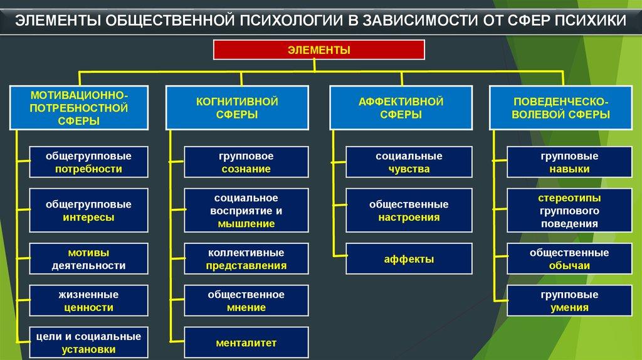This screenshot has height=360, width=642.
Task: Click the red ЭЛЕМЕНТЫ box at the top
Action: (x=319, y=50)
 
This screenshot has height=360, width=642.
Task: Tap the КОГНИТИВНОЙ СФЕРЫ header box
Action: (x=237, y=109)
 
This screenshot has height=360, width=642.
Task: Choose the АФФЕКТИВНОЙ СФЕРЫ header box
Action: (x=401, y=109)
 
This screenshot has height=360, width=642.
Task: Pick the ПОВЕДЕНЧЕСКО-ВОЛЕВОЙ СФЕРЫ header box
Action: (x=561, y=109)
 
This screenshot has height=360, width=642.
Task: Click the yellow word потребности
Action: (x=88, y=169)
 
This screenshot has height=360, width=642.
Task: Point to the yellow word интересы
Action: (x=88, y=218)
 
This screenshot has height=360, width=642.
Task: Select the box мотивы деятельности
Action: (x=88, y=259)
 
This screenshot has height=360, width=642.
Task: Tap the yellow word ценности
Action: (x=88, y=307)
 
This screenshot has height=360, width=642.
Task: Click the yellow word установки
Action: (x=88, y=349)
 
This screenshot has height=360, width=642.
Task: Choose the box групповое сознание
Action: (x=246, y=162)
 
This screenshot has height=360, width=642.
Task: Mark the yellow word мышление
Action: (x=246, y=224)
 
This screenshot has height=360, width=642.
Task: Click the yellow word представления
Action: (x=246, y=265)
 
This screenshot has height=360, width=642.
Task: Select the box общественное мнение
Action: (x=246, y=300)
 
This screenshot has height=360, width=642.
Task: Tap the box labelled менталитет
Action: (x=246, y=343)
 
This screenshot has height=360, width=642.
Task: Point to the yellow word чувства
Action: (x=409, y=169)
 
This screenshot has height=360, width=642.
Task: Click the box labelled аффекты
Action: (x=409, y=259)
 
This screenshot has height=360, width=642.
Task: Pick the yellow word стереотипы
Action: (x=569, y=198)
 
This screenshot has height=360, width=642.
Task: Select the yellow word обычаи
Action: (x=569, y=265)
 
